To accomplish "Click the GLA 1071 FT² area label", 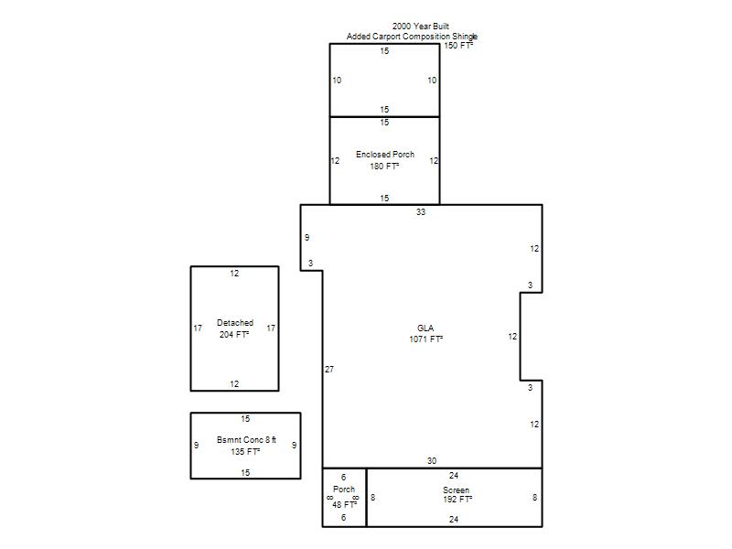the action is tap(425, 334).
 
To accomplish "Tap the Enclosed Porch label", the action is tap(385, 155).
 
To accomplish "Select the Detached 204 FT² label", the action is tap(235, 328).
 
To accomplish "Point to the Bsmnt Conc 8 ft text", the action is tap(246, 440).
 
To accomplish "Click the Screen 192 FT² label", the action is tap(457, 495).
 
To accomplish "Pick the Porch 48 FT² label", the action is tap(344, 497).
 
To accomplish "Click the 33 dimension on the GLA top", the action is tap(421, 212).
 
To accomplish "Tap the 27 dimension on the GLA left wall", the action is tap(329, 370).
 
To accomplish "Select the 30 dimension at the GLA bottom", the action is tap(432, 461).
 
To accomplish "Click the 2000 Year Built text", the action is tap(421, 27).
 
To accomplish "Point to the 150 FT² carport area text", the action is tap(458, 45).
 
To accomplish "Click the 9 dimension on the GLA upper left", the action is tap(307, 238).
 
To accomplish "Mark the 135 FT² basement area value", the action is tap(245, 451).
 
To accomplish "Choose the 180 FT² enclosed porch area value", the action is tap(384, 167).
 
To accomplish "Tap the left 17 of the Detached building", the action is tap(198, 328).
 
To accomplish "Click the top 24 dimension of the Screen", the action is tap(454, 476).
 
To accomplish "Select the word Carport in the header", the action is tap(386, 37).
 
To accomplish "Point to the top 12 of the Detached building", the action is tap(234, 274).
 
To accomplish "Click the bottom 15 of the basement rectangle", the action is tap(245, 473).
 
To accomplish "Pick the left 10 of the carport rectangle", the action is tap(337, 81).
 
